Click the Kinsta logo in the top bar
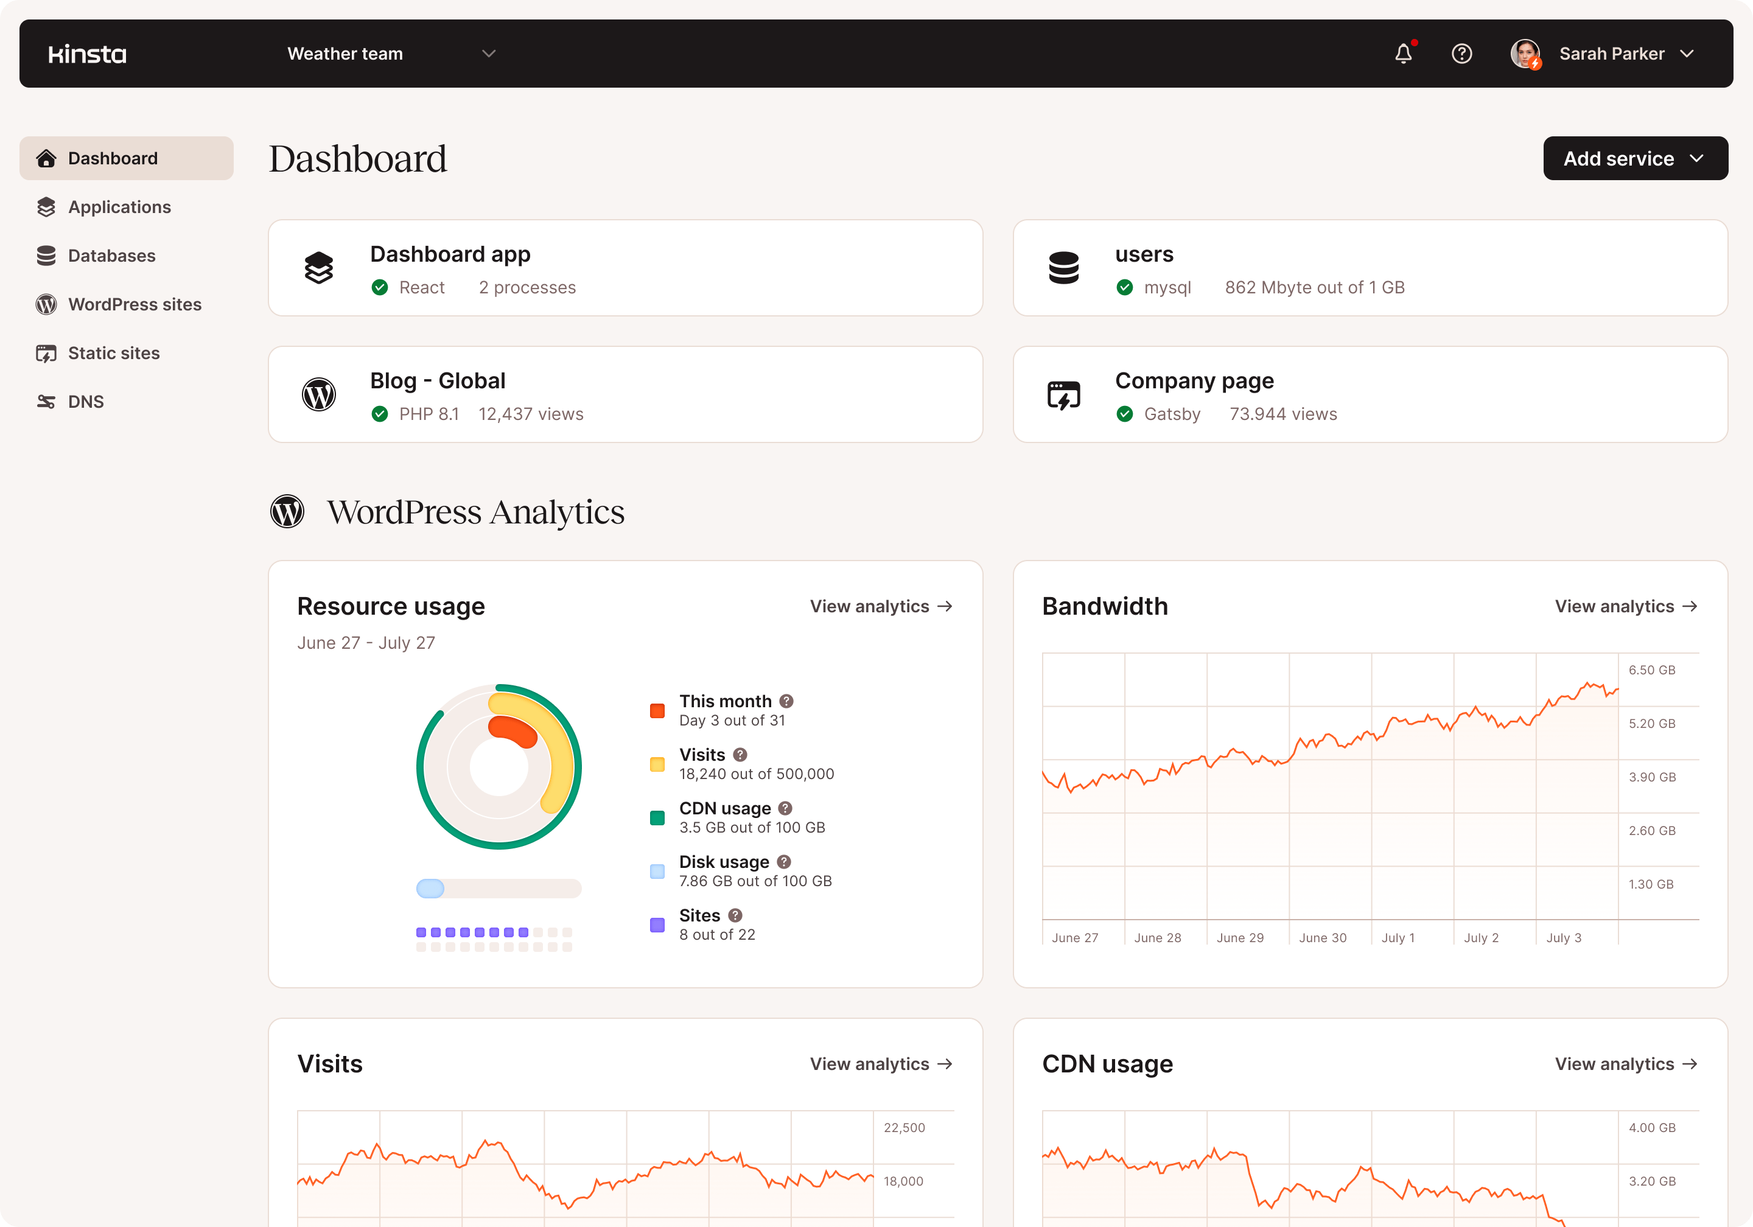tap(87, 54)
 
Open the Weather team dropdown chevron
tap(489, 54)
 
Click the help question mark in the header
tap(1461, 54)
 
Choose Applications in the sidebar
tap(119, 207)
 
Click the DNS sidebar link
tap(85, 402)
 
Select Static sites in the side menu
tap(114, 353)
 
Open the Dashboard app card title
tap(450, 254)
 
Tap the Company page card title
tap(1194, 381)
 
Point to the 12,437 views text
tap(531, 414)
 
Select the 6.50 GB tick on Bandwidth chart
tap(1651, 670)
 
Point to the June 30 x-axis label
tap(1323, 938)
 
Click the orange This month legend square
tap(657, 711)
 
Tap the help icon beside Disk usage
tap(784, 862)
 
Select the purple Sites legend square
tap(657, 925)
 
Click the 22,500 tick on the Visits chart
tap(904, 1128)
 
